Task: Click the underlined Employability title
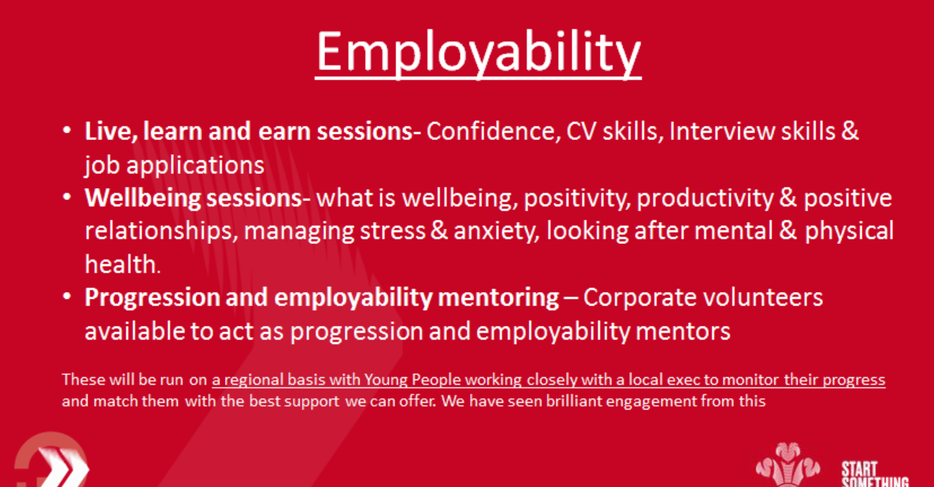(478, 52)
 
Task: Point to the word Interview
(723, 132)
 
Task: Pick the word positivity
(575, 199)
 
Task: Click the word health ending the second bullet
(120, 263)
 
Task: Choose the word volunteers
(767, 297)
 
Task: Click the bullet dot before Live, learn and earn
(68, 132)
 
